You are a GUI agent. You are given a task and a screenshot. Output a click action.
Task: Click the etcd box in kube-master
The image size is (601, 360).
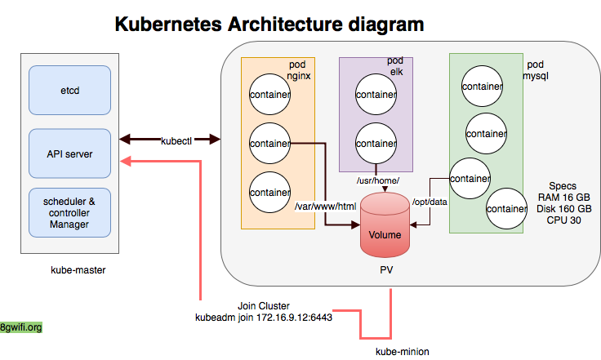tap(69, 90)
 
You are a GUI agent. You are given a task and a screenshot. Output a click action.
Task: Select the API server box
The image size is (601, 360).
tap(69, 153)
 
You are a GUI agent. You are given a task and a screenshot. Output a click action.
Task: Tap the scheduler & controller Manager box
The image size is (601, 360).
tap(69, 212)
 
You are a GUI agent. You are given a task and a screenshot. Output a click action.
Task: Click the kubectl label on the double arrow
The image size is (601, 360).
tap(176, 141)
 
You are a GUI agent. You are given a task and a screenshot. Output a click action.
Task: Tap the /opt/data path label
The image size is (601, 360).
tap(430, 202)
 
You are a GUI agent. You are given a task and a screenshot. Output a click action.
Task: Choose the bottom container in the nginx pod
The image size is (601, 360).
tap(270, 193)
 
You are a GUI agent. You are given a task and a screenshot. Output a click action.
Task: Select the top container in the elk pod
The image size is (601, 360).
tap(376, 96)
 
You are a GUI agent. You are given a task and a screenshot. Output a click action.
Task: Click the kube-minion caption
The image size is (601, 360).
tap(402, 351)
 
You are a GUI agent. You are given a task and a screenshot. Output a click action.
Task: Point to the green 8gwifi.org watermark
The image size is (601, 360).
tap(21, 327)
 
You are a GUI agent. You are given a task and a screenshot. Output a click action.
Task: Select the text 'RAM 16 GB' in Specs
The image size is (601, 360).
tap(564, 198)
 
